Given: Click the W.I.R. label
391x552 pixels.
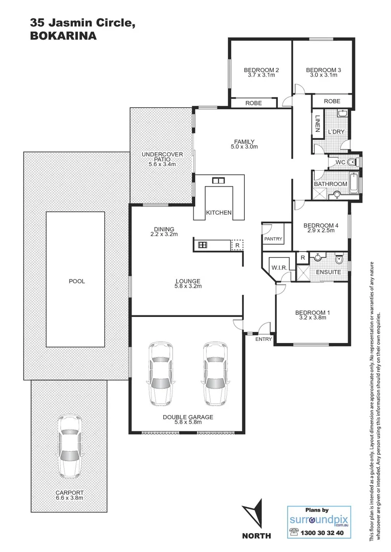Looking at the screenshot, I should (278, 267).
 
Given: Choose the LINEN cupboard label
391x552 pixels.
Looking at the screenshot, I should (318, 123).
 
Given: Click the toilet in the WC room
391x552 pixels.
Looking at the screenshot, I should (352, 163).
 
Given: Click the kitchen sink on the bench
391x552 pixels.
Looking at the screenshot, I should (219, 180).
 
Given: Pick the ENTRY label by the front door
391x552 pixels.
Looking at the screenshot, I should (264, 339).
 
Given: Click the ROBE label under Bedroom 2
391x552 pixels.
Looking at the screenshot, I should (253, 103).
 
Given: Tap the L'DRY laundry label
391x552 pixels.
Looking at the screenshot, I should (336, 132).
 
